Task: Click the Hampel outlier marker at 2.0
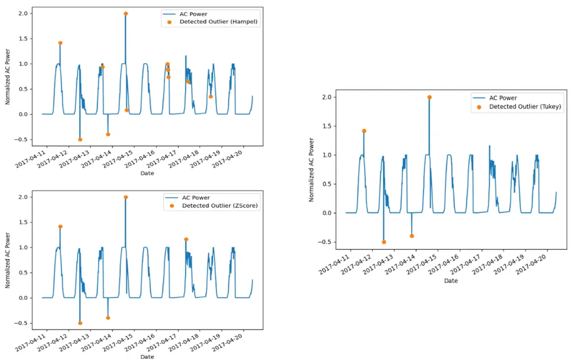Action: [x=125, y=13]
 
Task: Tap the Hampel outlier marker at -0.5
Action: [x=80, y=140]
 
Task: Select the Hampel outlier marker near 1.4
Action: [x=60, y=43]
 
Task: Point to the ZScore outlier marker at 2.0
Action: [x=125, y=197]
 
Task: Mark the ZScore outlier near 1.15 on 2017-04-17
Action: [x=186, y=239]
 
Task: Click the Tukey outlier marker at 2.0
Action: [x=429, y=97]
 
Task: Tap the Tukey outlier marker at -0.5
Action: [x=384, y=242]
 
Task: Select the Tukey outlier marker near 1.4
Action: [x=364, y=131]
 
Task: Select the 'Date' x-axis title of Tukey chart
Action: [x=451, y=281]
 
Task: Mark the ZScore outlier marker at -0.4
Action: [x=108, y=318]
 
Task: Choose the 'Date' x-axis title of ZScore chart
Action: [x=147, y=357]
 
